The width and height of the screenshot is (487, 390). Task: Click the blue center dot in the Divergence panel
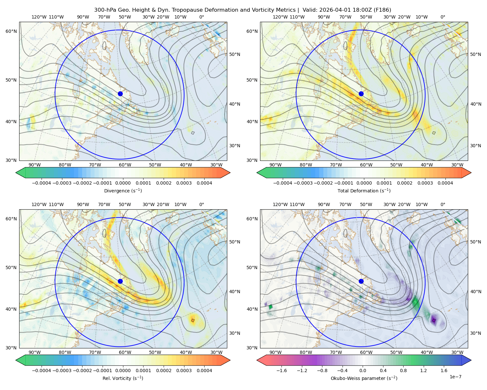(120, 94)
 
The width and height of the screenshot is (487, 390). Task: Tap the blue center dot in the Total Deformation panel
(361, 94)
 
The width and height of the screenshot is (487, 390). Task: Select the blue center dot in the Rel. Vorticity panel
(120, 281)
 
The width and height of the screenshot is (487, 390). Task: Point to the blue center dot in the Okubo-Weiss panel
(361, 281)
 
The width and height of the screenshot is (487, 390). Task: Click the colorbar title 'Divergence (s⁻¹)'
(123, 190)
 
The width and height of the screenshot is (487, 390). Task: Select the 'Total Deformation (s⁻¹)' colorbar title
(364, 190)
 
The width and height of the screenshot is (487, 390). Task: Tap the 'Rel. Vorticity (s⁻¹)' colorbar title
(123, 378)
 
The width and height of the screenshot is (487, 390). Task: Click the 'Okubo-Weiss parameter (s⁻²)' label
(364, 378)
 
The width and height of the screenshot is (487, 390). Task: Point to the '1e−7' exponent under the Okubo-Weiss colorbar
(455, 377)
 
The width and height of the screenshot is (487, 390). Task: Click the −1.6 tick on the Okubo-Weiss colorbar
(281, 370)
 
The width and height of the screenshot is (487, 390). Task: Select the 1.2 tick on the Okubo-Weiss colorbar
(423, 370)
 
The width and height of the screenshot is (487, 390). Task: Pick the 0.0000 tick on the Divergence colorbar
(123, 183)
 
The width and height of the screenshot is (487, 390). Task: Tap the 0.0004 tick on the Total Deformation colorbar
(445, 183)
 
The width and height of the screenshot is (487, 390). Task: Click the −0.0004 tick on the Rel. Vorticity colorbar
(42, 370)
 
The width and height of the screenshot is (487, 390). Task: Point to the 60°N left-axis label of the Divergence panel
(11, 31)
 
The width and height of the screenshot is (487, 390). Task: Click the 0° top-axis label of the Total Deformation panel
(443, 17)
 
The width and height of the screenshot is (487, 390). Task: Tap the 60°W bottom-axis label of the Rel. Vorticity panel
(125, 352)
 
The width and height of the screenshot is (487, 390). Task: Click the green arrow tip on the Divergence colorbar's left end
(16, 173)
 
